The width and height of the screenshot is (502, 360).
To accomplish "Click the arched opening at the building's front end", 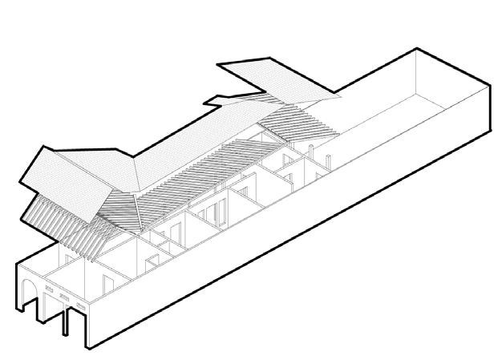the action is point(30,293).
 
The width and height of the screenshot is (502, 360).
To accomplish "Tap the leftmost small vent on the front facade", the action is point(48,289).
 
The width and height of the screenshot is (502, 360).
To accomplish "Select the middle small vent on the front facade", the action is point(64,297).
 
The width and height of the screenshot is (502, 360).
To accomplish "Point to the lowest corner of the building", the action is point(87,349).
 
